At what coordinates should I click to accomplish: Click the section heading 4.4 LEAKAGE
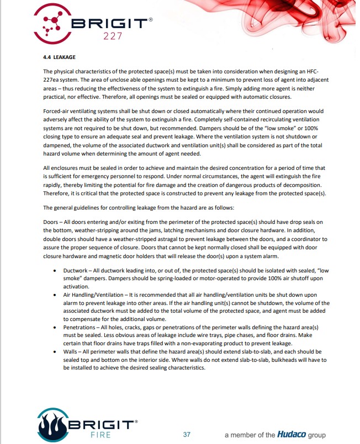(x=59, y=57)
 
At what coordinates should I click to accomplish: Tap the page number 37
(x=187, y=434)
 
